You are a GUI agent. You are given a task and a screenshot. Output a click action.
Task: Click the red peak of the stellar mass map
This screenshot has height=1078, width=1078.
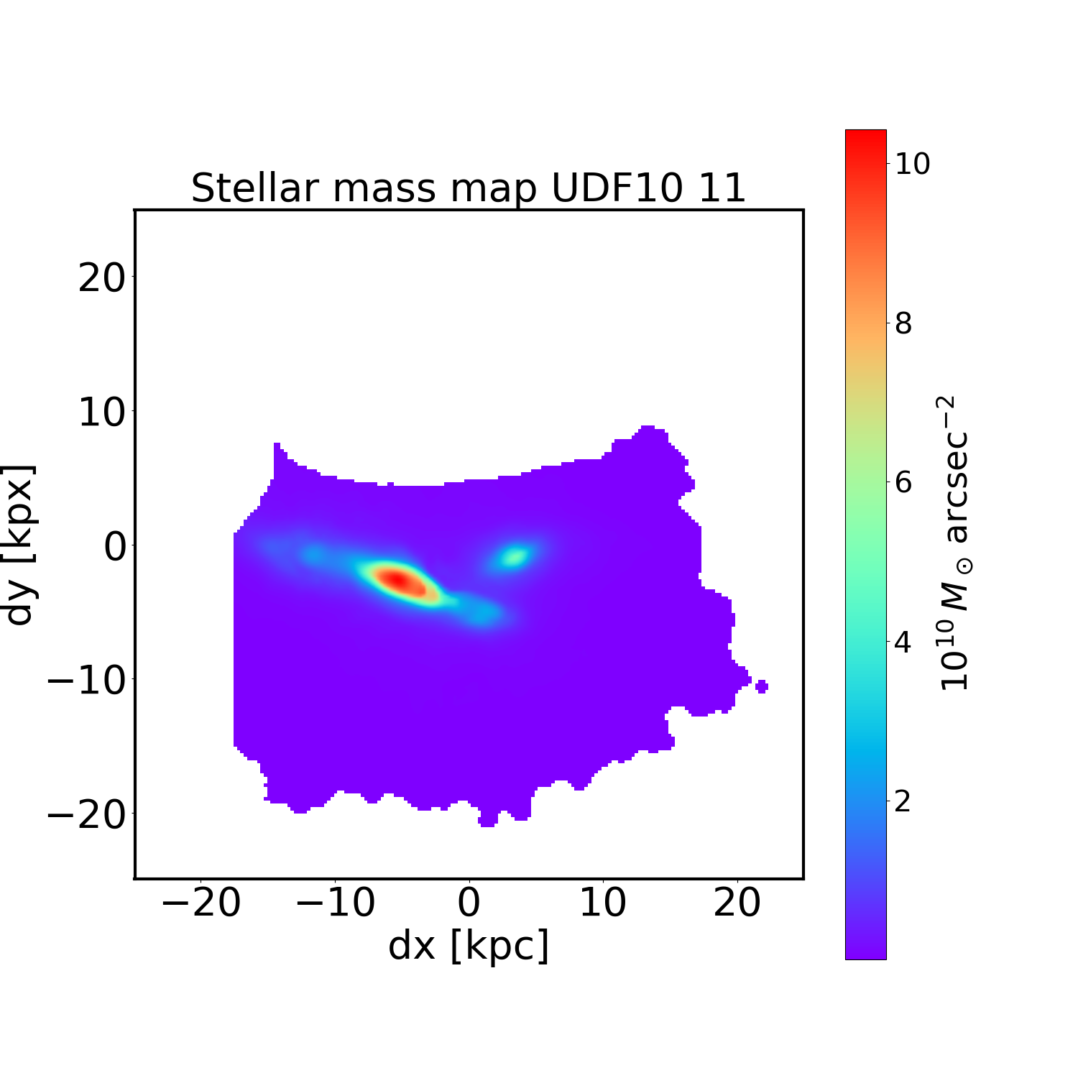point(397,581)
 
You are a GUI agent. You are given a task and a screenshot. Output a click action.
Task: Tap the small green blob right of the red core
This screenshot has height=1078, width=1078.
point(515,556)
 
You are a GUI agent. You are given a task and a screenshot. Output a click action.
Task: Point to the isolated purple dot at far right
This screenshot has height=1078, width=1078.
point(762,686)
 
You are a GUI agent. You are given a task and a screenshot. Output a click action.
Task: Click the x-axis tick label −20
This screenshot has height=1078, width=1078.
point(201,903)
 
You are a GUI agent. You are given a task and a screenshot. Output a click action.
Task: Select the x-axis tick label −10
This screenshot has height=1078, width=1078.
point(335,903)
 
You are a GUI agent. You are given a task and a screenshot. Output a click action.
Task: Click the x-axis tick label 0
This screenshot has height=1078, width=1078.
point(469,903)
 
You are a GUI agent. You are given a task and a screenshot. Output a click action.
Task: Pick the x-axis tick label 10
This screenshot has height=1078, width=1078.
point(602,903)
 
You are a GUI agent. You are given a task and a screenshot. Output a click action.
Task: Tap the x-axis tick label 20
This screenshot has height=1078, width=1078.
point(737,903)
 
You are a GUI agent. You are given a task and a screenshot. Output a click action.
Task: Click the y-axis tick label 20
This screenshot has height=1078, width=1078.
point(101,278)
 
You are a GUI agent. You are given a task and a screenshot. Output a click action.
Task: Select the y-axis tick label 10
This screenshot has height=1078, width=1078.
point(101,413)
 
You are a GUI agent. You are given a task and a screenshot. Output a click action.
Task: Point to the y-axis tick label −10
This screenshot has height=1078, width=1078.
point(87,680)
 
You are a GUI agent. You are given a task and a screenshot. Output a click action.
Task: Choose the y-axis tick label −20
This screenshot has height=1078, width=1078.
point(87,814)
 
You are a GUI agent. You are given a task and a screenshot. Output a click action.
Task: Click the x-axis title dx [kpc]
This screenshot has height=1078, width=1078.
point(469,946)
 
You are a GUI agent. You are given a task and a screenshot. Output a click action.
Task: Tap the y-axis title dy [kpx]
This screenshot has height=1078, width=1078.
point(20,545)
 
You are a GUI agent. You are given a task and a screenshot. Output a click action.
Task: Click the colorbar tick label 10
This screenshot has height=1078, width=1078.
point(911,164)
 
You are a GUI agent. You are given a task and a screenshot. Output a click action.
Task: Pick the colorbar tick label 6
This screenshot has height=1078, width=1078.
point(903,482)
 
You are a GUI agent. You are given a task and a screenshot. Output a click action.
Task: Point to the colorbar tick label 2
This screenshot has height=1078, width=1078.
point(903,801)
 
